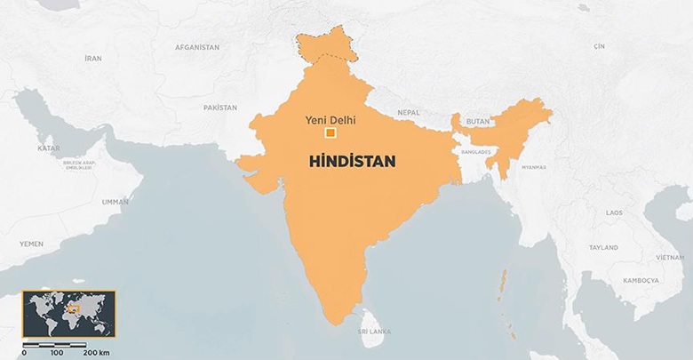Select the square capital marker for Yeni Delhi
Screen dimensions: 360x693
point(331,133)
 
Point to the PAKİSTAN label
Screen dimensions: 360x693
point(220,107)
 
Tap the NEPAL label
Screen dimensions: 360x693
point(408,113)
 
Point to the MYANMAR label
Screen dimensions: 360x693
point(534,166)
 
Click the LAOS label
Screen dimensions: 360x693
point(613,213)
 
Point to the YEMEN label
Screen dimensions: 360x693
point(31,243)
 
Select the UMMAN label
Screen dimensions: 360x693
point(115,203)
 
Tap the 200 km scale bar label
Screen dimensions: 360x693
point(96,353)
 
